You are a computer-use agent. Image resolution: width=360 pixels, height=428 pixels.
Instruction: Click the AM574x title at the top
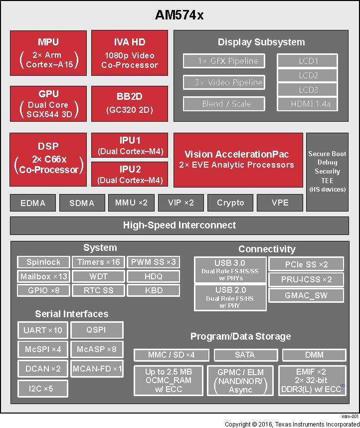coord(180,15)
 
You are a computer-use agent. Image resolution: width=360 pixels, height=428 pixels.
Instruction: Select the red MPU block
coord(48,53)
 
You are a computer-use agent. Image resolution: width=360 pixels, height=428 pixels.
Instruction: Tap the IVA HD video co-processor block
coord(129,53)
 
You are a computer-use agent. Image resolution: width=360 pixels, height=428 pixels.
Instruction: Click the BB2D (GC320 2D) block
coord(129,104)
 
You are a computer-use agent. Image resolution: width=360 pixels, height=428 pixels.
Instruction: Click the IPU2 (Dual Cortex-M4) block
coord(130,174)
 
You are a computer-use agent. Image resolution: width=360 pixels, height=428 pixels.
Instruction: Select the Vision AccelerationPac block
coord(238,160)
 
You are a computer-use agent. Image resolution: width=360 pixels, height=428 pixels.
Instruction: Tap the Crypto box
coord(230,203)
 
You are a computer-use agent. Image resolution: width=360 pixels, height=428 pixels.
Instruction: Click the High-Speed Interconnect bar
coord(180,225)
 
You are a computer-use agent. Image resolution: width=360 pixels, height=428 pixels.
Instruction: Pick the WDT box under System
coord(98,276)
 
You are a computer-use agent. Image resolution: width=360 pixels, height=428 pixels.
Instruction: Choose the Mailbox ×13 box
coord(43,276)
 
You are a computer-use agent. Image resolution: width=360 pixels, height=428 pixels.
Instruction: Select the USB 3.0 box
coord(230,270)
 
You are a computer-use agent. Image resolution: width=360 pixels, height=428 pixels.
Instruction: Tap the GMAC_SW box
coord(306,295)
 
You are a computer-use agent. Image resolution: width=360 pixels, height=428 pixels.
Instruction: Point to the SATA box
coord(244,355)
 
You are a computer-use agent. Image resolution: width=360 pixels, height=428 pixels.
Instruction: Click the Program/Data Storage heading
coord(240,337)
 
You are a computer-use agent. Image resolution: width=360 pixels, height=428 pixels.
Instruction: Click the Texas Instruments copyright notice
coord(292,424)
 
